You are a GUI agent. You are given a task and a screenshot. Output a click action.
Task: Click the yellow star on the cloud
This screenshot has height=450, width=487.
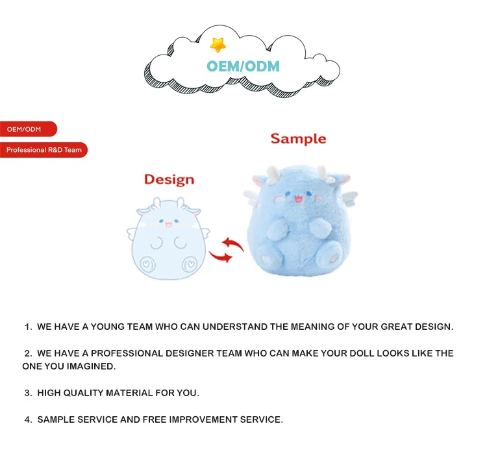(218, 44)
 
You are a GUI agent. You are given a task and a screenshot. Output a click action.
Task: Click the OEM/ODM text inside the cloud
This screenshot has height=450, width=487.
(243, 66)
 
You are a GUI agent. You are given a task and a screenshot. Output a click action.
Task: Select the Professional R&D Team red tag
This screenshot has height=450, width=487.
(44, 150)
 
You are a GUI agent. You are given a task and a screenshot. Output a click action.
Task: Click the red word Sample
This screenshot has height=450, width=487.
(298, 138)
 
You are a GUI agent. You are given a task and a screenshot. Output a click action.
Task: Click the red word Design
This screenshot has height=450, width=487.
(169, 179)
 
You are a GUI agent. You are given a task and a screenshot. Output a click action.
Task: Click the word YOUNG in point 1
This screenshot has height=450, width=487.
(107, 327)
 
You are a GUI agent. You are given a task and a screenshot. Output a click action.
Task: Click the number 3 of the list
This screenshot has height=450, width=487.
(28, 393)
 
